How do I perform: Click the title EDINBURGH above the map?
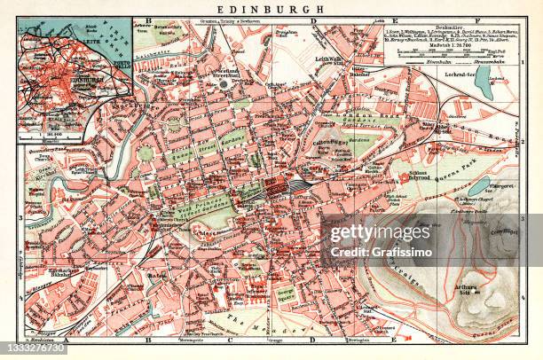click(271, 9)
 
